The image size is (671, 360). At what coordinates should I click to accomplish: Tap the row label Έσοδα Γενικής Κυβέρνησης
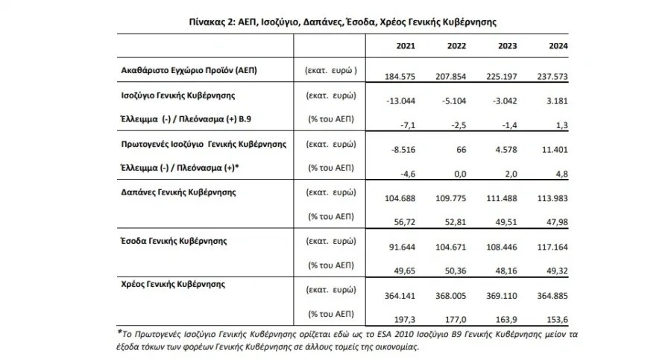pyautogui.click(x=174, y=241)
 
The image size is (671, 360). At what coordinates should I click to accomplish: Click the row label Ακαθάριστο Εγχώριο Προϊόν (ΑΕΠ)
pyautogui.click(x=189, y=70)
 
